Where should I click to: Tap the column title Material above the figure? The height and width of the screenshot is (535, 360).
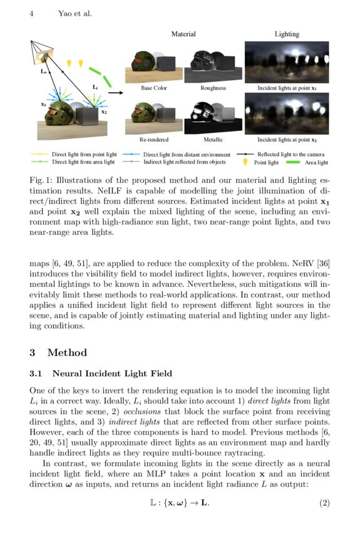click(x=183, y=34)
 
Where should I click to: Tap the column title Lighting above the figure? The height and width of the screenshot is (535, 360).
click(x=287, y=34)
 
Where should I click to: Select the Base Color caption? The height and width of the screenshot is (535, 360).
click(x=154, y=88)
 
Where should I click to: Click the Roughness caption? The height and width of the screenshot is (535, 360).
click(x=213, y=88)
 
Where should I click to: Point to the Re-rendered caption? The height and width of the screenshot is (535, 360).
click(x=154, y=140)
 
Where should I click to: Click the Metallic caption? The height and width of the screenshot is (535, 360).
click(x=213, y=140)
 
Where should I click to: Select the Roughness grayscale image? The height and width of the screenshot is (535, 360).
click(x=213, y=63)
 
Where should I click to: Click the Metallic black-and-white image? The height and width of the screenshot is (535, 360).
click(x=213, y=114)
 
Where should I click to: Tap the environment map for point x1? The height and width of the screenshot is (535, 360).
click(x=287, y=61)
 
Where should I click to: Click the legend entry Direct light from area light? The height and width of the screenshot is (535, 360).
click(x=84, y=162)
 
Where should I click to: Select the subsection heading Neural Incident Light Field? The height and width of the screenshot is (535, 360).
click(x=112, y=374)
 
